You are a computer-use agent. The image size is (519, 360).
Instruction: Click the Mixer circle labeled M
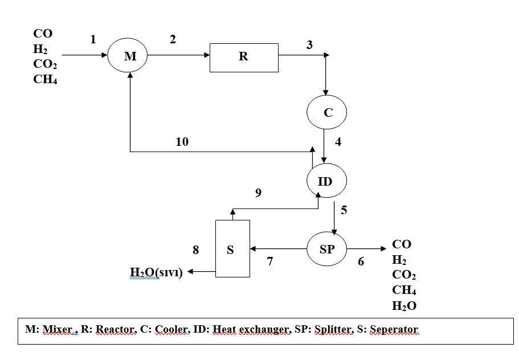point(130,55)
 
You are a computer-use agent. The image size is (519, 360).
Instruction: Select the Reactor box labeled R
point(244,58)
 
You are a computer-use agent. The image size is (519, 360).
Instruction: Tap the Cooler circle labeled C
point(328,112)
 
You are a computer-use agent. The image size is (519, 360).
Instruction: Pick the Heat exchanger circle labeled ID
point(325,182)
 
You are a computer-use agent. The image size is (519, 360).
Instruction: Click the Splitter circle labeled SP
point(327,249)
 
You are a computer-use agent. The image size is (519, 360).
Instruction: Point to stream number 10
point(182,142)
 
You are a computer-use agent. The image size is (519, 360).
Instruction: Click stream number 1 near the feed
point(92,39)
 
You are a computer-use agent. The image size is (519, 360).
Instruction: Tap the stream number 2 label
point(173,39)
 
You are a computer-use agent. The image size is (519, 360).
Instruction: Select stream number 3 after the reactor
point(309,46)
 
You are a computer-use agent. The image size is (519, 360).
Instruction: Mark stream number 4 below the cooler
point(338,142)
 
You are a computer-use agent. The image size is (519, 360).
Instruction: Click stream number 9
point(258,193)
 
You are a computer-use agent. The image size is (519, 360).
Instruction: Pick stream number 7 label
point(270,261)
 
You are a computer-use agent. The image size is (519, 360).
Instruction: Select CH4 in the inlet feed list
point(46,80)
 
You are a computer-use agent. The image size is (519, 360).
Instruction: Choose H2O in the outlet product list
point(404,306)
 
